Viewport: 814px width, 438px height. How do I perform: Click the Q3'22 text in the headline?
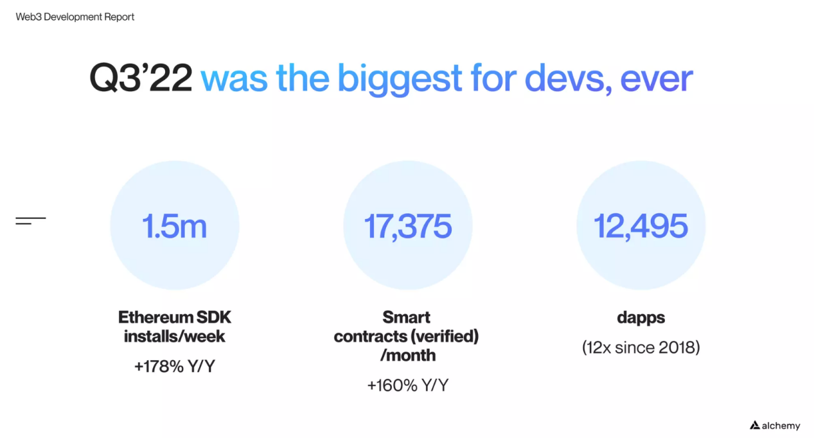point(141,79)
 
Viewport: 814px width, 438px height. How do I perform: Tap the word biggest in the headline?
point(400,79)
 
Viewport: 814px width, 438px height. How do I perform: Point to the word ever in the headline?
point(657,79)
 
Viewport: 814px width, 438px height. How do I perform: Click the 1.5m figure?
point(175,227)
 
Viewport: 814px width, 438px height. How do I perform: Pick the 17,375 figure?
point(408,227)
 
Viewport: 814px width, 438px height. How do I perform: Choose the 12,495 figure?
point(641,227)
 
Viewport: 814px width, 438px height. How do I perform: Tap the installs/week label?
point(175,336)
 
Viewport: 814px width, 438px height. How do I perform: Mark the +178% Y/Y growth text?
point(175,367)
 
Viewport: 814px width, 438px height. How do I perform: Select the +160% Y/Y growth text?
point(407,385)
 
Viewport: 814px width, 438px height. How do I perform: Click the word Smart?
point(407,317)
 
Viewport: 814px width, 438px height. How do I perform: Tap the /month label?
point(407,355)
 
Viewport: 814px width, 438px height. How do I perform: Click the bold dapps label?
point(641,317)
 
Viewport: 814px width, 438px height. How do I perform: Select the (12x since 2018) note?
point(641,348)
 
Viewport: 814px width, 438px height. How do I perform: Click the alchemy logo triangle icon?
point(755,425)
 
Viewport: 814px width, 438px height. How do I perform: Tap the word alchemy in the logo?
point(781,425)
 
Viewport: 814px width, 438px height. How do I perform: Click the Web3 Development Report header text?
point(75,17)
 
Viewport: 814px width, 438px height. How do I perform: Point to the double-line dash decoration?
point(30,221)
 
